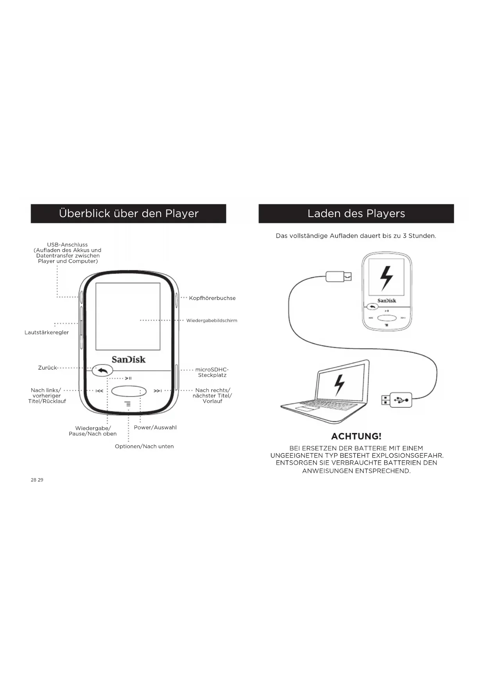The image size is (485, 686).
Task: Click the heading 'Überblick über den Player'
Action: (x=129, y=214)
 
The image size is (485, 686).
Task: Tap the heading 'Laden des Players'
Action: (x=356, y=214)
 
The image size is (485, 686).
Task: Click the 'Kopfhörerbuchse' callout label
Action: (x=212, y=298)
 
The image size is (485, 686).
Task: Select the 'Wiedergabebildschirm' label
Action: (x=211, y=321)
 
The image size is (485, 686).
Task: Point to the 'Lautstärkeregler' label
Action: (x=47, y=332)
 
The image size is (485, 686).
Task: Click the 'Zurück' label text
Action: (x=47, y=368)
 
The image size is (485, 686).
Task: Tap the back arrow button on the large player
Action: (x=102, y=370)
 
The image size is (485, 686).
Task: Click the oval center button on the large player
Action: (x=129, y=391)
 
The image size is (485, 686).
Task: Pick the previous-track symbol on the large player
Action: (x=99, y=391)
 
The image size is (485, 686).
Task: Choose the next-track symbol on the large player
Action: (x=157, y=391)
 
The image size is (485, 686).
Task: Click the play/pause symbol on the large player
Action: (x=128, y=378)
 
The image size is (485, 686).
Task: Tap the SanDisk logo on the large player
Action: (x=129, y=359)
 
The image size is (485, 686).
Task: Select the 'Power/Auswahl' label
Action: (x=155, y=427)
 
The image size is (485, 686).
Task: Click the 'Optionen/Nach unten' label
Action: (x=144, y=446)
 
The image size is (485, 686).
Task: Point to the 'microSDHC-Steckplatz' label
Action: (x=212, y=372)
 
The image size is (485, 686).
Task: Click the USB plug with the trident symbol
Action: (x=401, y=400)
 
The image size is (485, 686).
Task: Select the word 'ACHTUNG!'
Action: (x=356, y=436)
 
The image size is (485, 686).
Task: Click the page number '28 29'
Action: (x=37, y=480)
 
